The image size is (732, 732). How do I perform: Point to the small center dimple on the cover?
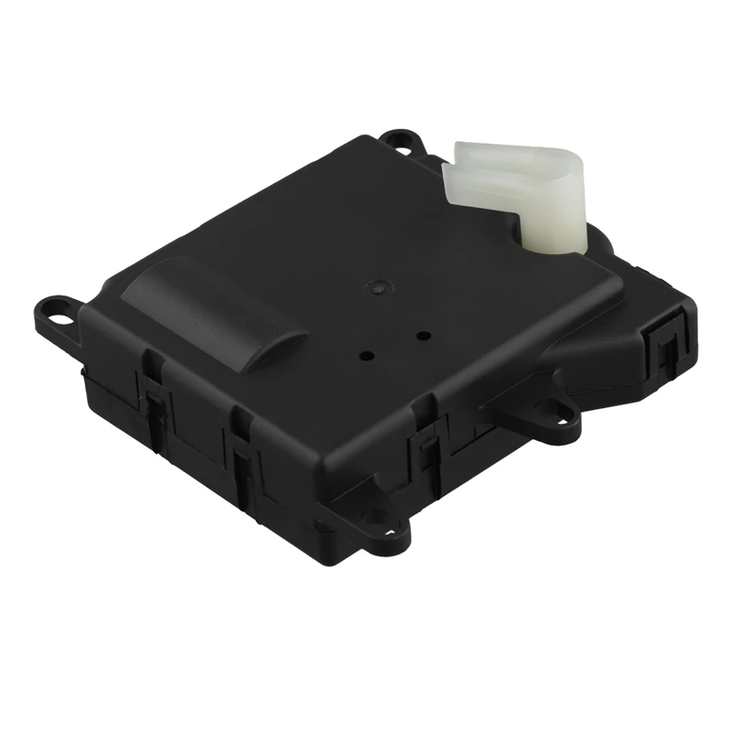376,286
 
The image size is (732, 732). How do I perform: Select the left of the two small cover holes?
367,355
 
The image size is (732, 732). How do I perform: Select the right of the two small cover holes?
423,336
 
